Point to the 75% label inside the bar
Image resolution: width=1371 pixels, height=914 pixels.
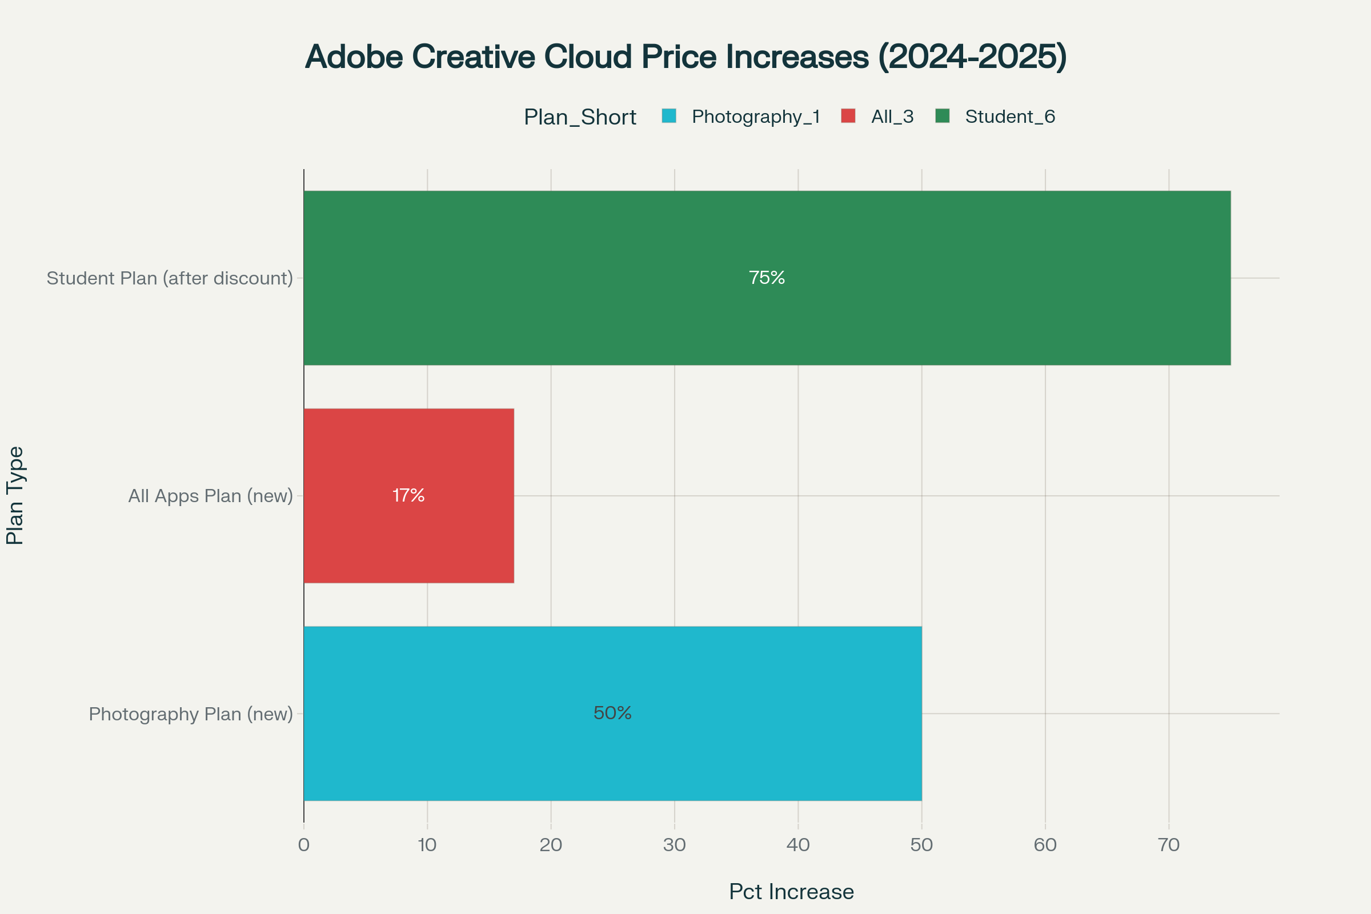(x=767, y=278)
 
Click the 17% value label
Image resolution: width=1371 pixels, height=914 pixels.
(x=408, y=495)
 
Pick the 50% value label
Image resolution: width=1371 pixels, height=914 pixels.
(x=612, y=713)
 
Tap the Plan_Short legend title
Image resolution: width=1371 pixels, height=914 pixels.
(x=579, y=117)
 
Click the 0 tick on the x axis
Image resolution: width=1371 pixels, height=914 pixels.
(x=304, y=845)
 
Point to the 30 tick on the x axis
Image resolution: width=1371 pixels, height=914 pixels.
(x=675, y=845)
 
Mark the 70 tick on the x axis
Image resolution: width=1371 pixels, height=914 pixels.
(x=1168, y=845)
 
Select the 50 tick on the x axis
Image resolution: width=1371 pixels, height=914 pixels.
(x=921, y=845)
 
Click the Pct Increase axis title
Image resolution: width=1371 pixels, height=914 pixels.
(x=791, y=892)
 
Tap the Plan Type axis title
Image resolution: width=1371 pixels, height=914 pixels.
(x=15, y=495)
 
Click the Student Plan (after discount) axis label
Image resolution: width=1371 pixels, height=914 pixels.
(x=170, y=278)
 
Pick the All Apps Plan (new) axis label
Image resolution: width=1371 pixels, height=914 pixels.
(x=210, y=495)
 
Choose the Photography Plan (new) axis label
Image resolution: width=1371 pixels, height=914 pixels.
(x=191, y=713)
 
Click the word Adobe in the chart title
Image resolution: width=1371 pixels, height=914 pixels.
(x=354, y=57)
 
